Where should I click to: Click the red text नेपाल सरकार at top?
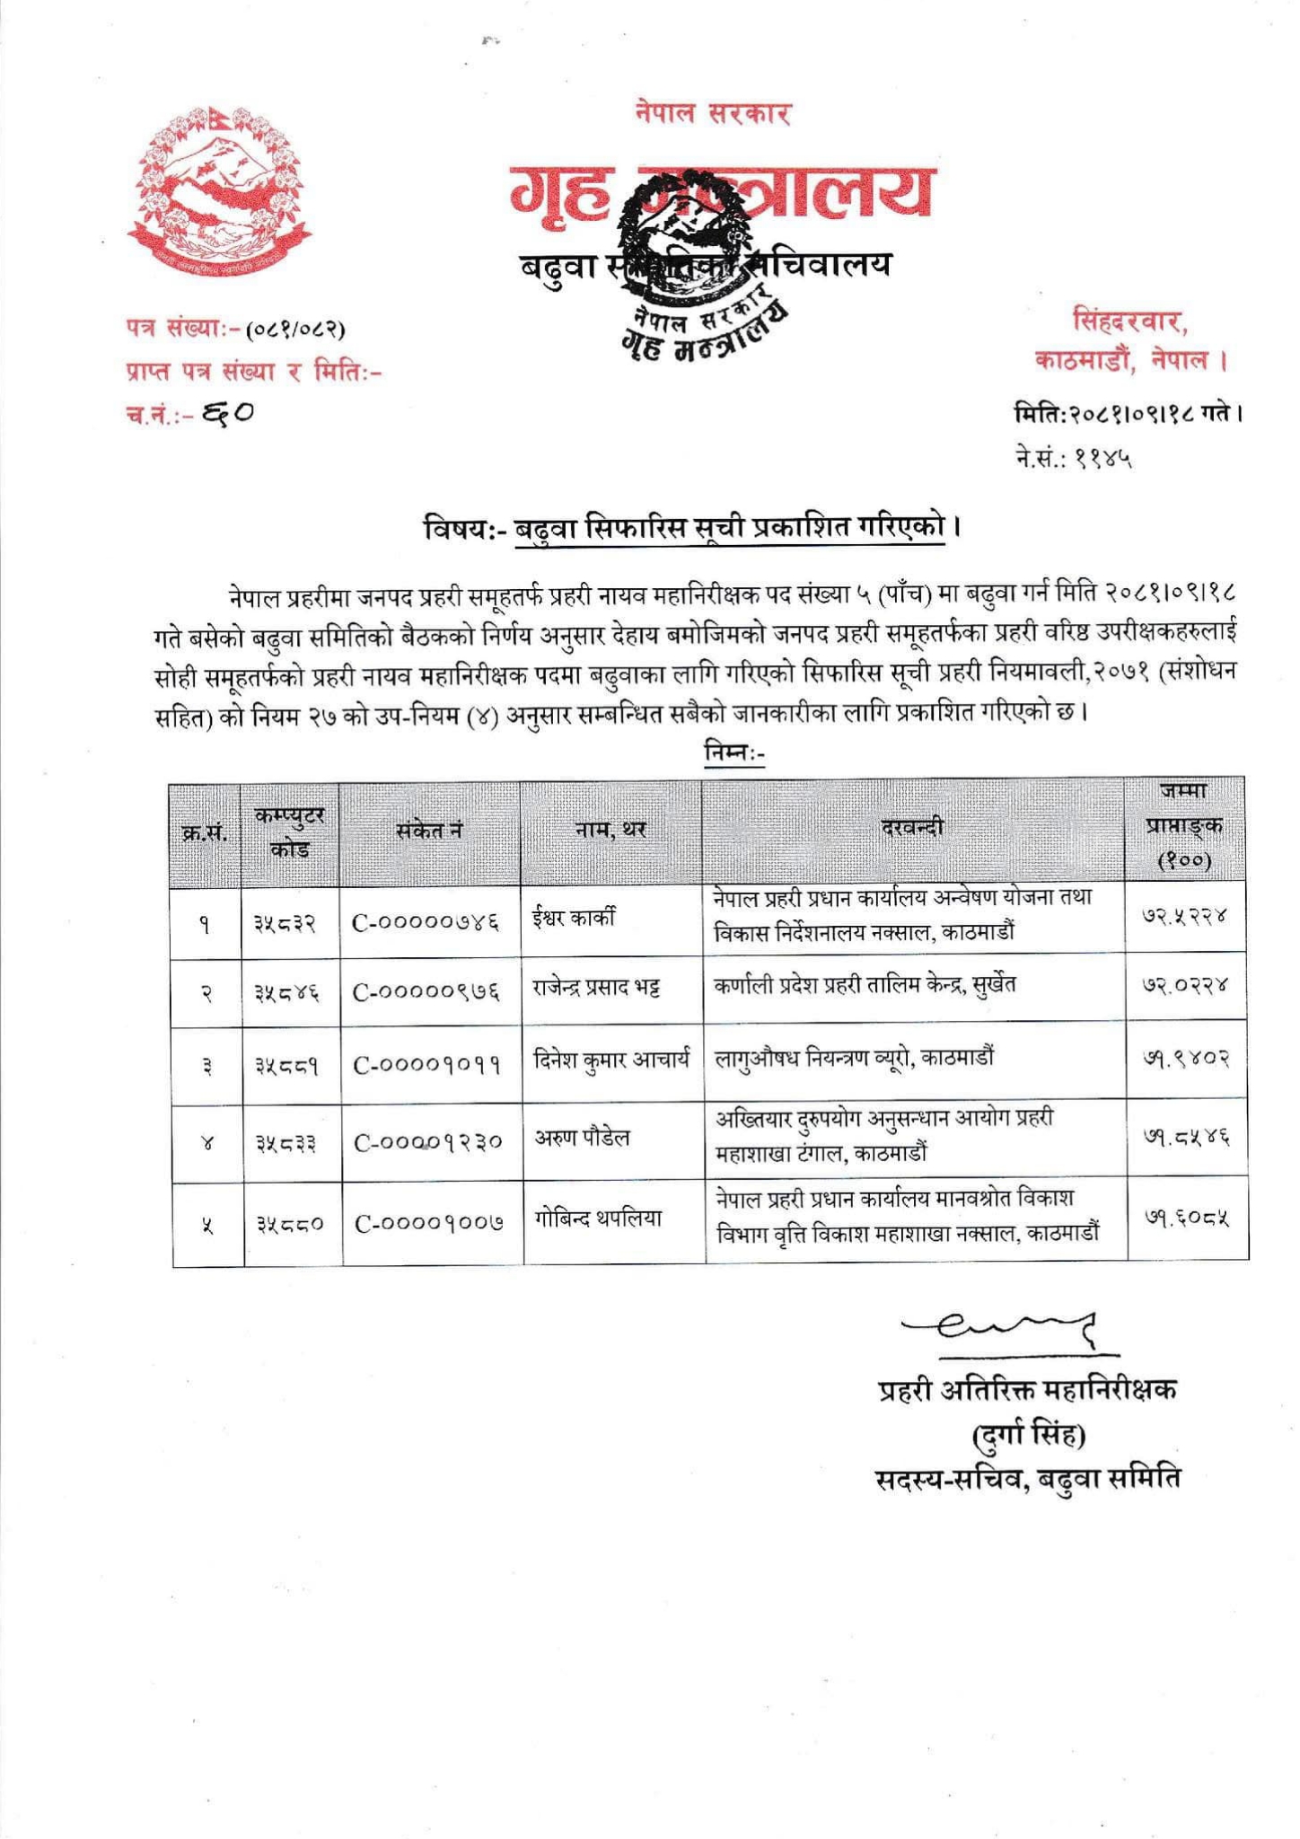(711, 114)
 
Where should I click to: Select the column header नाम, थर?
(610, 831)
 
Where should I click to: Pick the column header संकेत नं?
(429, 831)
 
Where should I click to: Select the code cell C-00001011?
(427, 1066)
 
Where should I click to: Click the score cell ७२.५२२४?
(1184, 917)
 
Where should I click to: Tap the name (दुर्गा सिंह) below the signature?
(1029, 1436)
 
